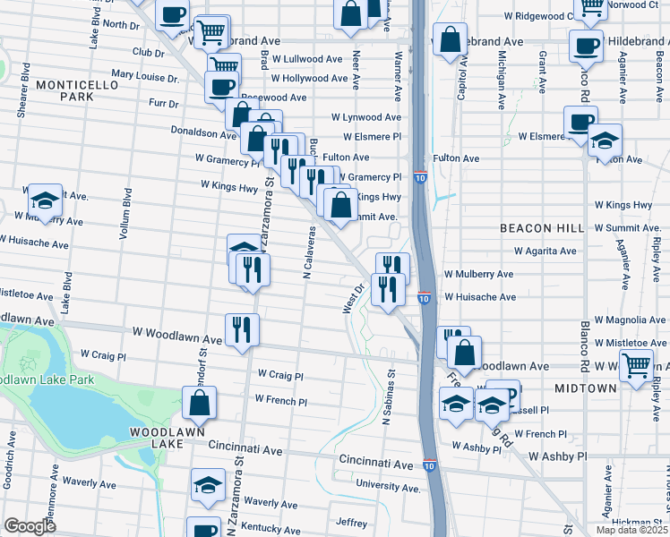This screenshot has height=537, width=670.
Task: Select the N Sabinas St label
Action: [390, 394]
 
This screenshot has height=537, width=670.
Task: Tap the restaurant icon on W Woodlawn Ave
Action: [242, 328]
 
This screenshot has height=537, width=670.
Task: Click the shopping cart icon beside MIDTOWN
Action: [636, 364]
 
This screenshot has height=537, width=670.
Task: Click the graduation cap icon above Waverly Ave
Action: [209, 484]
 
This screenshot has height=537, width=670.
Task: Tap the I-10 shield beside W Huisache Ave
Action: [424, 297]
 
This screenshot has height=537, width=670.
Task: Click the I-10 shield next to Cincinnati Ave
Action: [430, 465]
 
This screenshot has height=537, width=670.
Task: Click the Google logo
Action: [30, 526]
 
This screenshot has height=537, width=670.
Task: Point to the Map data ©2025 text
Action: [631, 530]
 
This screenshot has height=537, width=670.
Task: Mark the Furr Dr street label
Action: [164, 104]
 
